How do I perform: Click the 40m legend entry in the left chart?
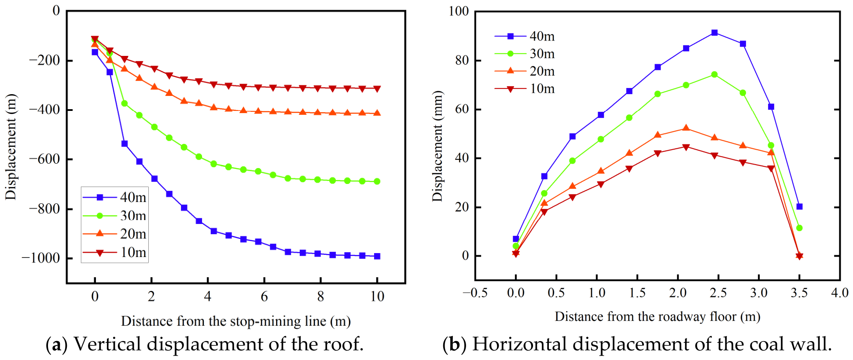114,197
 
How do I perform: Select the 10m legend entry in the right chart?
524,88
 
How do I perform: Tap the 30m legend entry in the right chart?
524,54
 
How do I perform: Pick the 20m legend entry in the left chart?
114,234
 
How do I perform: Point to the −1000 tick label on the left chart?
40,257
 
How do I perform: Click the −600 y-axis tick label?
44,159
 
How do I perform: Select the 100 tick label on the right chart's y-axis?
458,11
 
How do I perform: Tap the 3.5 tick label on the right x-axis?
799,293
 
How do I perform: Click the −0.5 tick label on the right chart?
475,293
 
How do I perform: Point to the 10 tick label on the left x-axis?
377,296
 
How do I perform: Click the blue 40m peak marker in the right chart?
714,33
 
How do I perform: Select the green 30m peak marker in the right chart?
714,75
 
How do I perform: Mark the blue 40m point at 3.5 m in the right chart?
799,206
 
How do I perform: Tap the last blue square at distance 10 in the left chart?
377,256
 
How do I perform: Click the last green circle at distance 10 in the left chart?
377,181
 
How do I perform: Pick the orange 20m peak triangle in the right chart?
686,128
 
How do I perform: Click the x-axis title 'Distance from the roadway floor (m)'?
658,316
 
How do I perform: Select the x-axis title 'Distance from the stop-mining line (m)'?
236,321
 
